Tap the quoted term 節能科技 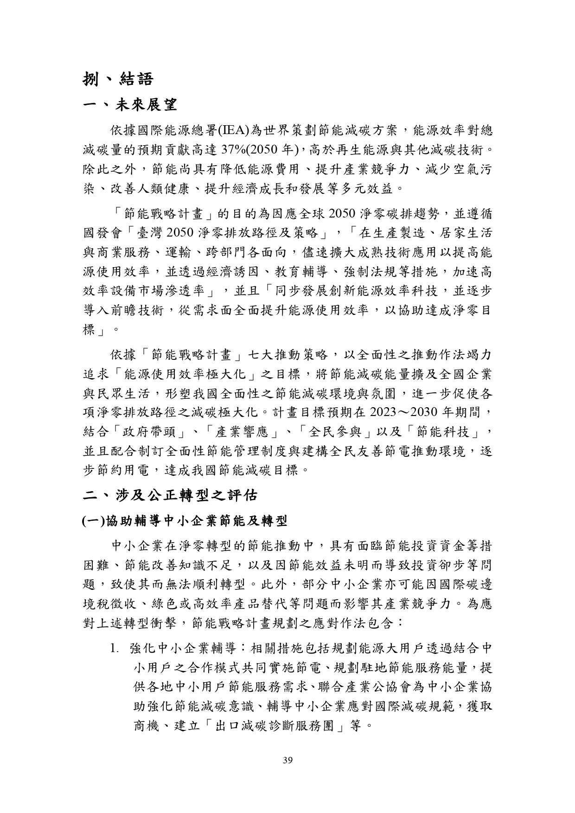pyautogui.click(x=445, y=433)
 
